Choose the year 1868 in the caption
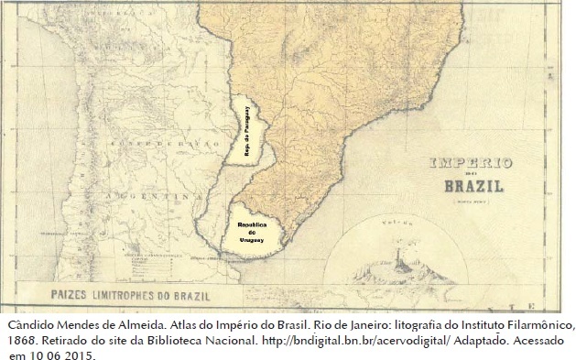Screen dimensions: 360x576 [x=22, y=340]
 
